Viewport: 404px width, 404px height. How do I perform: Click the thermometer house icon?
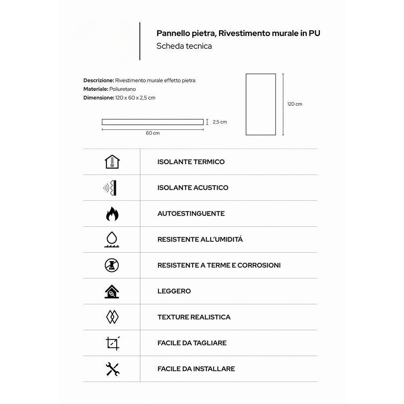point(112,162)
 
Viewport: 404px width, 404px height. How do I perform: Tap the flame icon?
point(112,214)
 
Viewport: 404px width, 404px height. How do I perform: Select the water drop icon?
point(112,240)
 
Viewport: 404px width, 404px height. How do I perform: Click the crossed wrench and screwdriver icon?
point(112,369)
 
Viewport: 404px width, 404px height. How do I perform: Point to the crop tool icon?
point(112,343)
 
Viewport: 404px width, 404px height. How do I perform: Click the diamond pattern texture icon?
point(112,317)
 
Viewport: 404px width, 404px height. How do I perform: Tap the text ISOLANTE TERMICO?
point(191,162)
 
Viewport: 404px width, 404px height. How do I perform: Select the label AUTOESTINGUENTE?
point(191,214)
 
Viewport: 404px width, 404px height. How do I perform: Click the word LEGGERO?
point(174,291)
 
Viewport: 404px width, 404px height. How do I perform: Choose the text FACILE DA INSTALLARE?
point(196,369)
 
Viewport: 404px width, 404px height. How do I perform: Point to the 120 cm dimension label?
point(295,104)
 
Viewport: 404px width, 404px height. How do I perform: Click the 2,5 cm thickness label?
point(220,122)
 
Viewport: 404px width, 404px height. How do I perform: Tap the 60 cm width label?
point(153,133)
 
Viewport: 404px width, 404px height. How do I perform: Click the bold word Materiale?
point(95,89)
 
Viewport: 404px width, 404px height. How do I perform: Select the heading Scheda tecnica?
point(184,46)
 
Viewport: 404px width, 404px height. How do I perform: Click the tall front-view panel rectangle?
point(261,104)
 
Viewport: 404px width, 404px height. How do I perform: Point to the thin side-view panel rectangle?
point(152,122)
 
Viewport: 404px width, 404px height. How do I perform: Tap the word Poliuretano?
point(123,89)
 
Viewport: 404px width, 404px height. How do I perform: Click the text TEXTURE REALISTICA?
point(194,317)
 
